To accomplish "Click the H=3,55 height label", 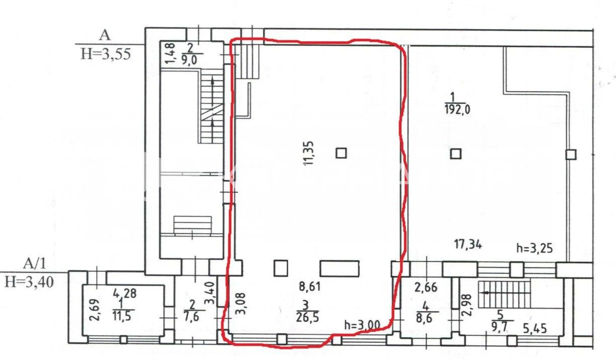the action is tap(106, 54).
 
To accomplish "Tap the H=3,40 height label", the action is tap(29, 282).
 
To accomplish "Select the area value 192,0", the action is tap(457, 110).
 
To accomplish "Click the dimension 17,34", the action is tap(468, 244).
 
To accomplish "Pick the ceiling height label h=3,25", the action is tap(534, 248).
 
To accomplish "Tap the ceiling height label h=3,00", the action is tap(362, 325).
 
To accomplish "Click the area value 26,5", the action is tap(307, 318).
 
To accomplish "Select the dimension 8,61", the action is tap(310, 287).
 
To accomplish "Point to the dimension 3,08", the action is tap(241, 303).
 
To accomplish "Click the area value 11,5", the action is tap(122, 316).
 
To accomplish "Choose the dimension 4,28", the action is tap(125, 294).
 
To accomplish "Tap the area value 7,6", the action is tap(192, 316).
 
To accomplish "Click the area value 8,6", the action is tap(425, 318).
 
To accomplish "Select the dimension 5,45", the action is tap(534, 329).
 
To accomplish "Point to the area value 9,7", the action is tap(499, 327).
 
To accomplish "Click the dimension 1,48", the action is tap(171, 53).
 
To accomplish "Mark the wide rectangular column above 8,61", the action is tap(339, 268).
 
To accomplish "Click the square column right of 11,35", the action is tap(341, 153).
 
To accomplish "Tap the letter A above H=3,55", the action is tap(105, 36).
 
